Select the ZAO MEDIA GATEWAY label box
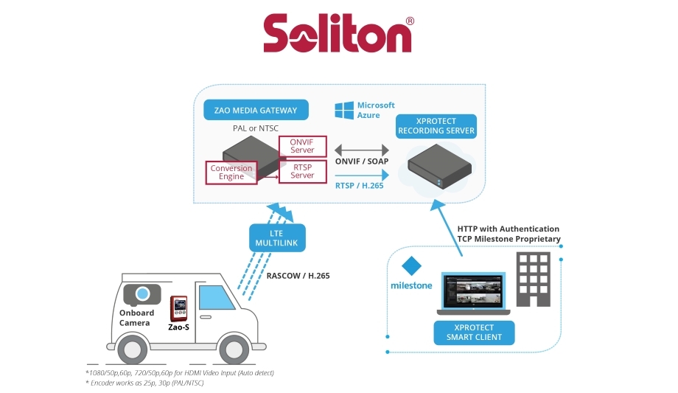[256, 111]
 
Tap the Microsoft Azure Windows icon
[343, 111]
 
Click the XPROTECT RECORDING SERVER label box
[436, 125]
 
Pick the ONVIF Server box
[302, 145]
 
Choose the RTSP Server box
[302, 171]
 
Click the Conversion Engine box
[231, 173]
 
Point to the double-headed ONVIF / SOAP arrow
[362, 150]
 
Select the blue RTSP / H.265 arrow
[362, 175]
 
